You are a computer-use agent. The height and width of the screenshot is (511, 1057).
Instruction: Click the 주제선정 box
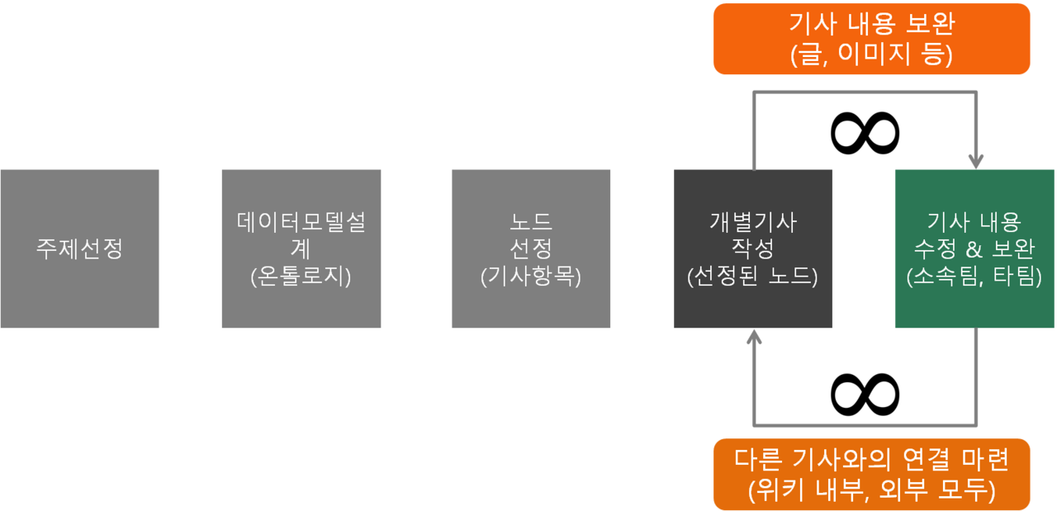(79, 248)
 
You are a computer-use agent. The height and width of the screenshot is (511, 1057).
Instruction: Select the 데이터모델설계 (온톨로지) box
(301, 248)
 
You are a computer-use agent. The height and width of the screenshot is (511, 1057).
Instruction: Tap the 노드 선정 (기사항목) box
(531, 248)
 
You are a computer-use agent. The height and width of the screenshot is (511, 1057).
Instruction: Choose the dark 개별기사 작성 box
(752, 248)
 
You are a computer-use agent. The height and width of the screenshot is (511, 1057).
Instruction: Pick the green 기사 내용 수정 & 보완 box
(974, 248)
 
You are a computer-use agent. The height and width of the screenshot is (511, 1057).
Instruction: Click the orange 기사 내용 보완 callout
(871, 39)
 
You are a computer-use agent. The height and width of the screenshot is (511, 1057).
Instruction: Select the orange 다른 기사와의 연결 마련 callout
(871, 474)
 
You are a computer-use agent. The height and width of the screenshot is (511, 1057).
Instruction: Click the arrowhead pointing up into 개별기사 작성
(753, 337)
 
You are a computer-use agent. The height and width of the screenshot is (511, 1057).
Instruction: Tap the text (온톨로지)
(301, 277)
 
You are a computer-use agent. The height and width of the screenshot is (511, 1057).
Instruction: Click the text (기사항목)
(531, 277)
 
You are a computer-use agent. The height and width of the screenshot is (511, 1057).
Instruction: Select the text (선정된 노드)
(752, 277)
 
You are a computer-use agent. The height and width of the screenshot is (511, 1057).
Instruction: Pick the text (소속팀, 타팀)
(974, 277)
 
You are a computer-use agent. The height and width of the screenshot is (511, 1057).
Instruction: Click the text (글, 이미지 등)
(871, 54)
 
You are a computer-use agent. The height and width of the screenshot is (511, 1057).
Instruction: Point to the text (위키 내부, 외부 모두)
(871, 490)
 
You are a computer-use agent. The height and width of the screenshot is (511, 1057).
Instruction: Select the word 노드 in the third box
(531, 221)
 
